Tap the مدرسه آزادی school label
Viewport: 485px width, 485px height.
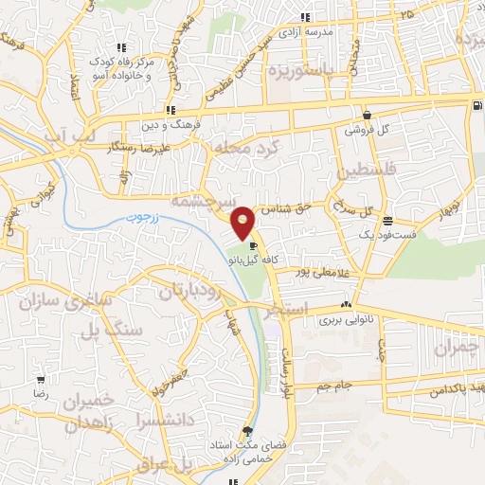(x=328, y=31)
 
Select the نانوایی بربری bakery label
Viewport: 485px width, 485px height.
(x=344, y=320)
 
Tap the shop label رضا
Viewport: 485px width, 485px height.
(x=41, y=391)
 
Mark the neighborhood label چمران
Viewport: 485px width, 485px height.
(x=458, y=348)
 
